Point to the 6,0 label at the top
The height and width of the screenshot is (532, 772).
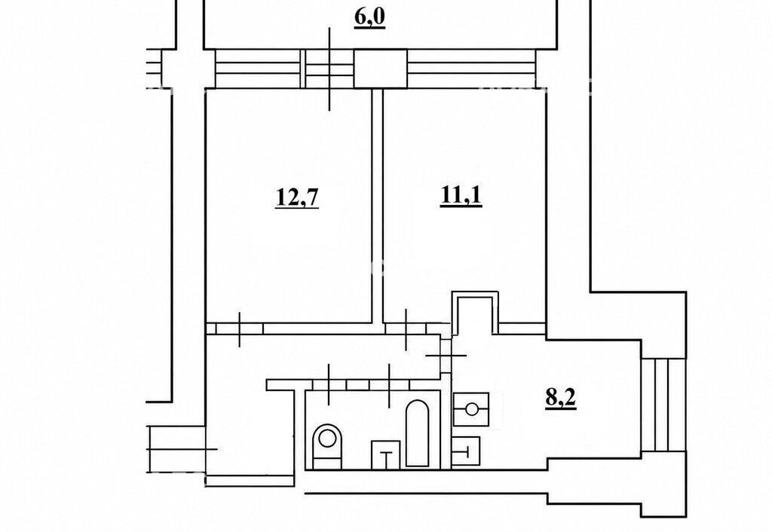point(369,19)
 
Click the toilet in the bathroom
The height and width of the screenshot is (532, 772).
point(327,445)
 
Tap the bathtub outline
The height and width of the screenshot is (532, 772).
point(417,433)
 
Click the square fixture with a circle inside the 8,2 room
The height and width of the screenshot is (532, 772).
point(471,409)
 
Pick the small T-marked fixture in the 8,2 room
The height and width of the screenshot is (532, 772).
point(466,451)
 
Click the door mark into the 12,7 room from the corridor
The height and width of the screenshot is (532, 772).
point(239,329)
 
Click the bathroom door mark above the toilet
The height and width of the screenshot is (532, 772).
point(329,384)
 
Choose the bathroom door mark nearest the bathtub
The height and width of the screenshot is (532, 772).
point(389,385)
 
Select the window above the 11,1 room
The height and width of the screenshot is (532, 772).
point(471,69)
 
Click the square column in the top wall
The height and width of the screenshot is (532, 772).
point(381,69)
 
